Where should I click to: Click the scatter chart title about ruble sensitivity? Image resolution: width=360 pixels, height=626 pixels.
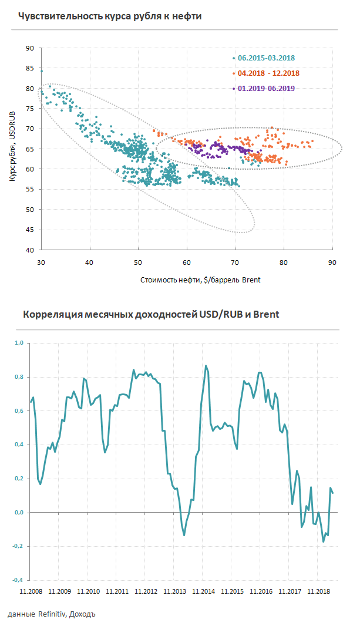coord(110,16)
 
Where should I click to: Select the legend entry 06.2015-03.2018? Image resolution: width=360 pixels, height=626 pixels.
coord(265,58)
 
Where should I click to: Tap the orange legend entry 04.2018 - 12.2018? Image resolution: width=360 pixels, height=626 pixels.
coord(268,73)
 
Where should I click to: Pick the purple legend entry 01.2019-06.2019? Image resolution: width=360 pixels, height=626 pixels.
coord(265,88)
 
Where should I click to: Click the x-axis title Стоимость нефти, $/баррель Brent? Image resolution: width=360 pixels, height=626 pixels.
coord(200,280)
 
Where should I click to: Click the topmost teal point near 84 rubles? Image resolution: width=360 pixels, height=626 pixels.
coord(41,71)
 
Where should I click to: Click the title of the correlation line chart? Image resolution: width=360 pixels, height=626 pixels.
coord(151,314)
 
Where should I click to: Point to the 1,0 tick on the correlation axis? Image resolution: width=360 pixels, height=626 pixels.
coord(18,343)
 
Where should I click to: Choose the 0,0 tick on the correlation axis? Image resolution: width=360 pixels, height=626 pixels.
coord(18,513)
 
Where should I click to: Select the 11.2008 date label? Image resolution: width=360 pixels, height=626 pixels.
coord(31,592)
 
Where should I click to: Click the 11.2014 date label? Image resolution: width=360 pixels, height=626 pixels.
coord(203,592)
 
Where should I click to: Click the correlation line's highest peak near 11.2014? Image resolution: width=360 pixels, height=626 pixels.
coord(206,366)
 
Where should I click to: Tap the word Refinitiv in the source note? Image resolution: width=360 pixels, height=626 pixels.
coord(52,615)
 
